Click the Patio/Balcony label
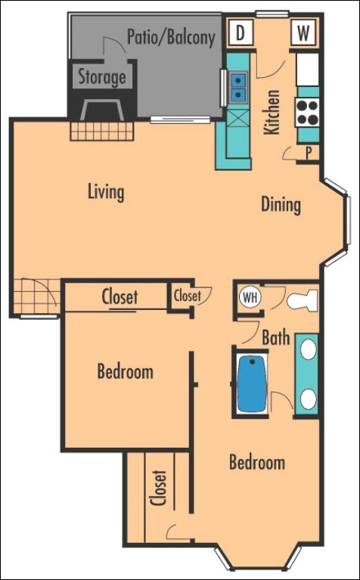[x=171, y=37]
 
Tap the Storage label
[x=102, y=76]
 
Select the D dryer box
[x=241, y=33]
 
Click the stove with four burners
[x=308, y=112]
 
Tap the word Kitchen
[x=272, y=112]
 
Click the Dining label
[x=281, y=204]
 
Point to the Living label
[x=105, y=191]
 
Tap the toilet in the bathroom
[x=304, y=300]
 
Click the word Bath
[x=276, y=338]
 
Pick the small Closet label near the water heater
[x=188, y=296]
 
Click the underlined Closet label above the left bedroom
[x=119, y=297]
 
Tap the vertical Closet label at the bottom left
[x=159, y=488]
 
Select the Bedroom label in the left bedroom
[x=125, y=371]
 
